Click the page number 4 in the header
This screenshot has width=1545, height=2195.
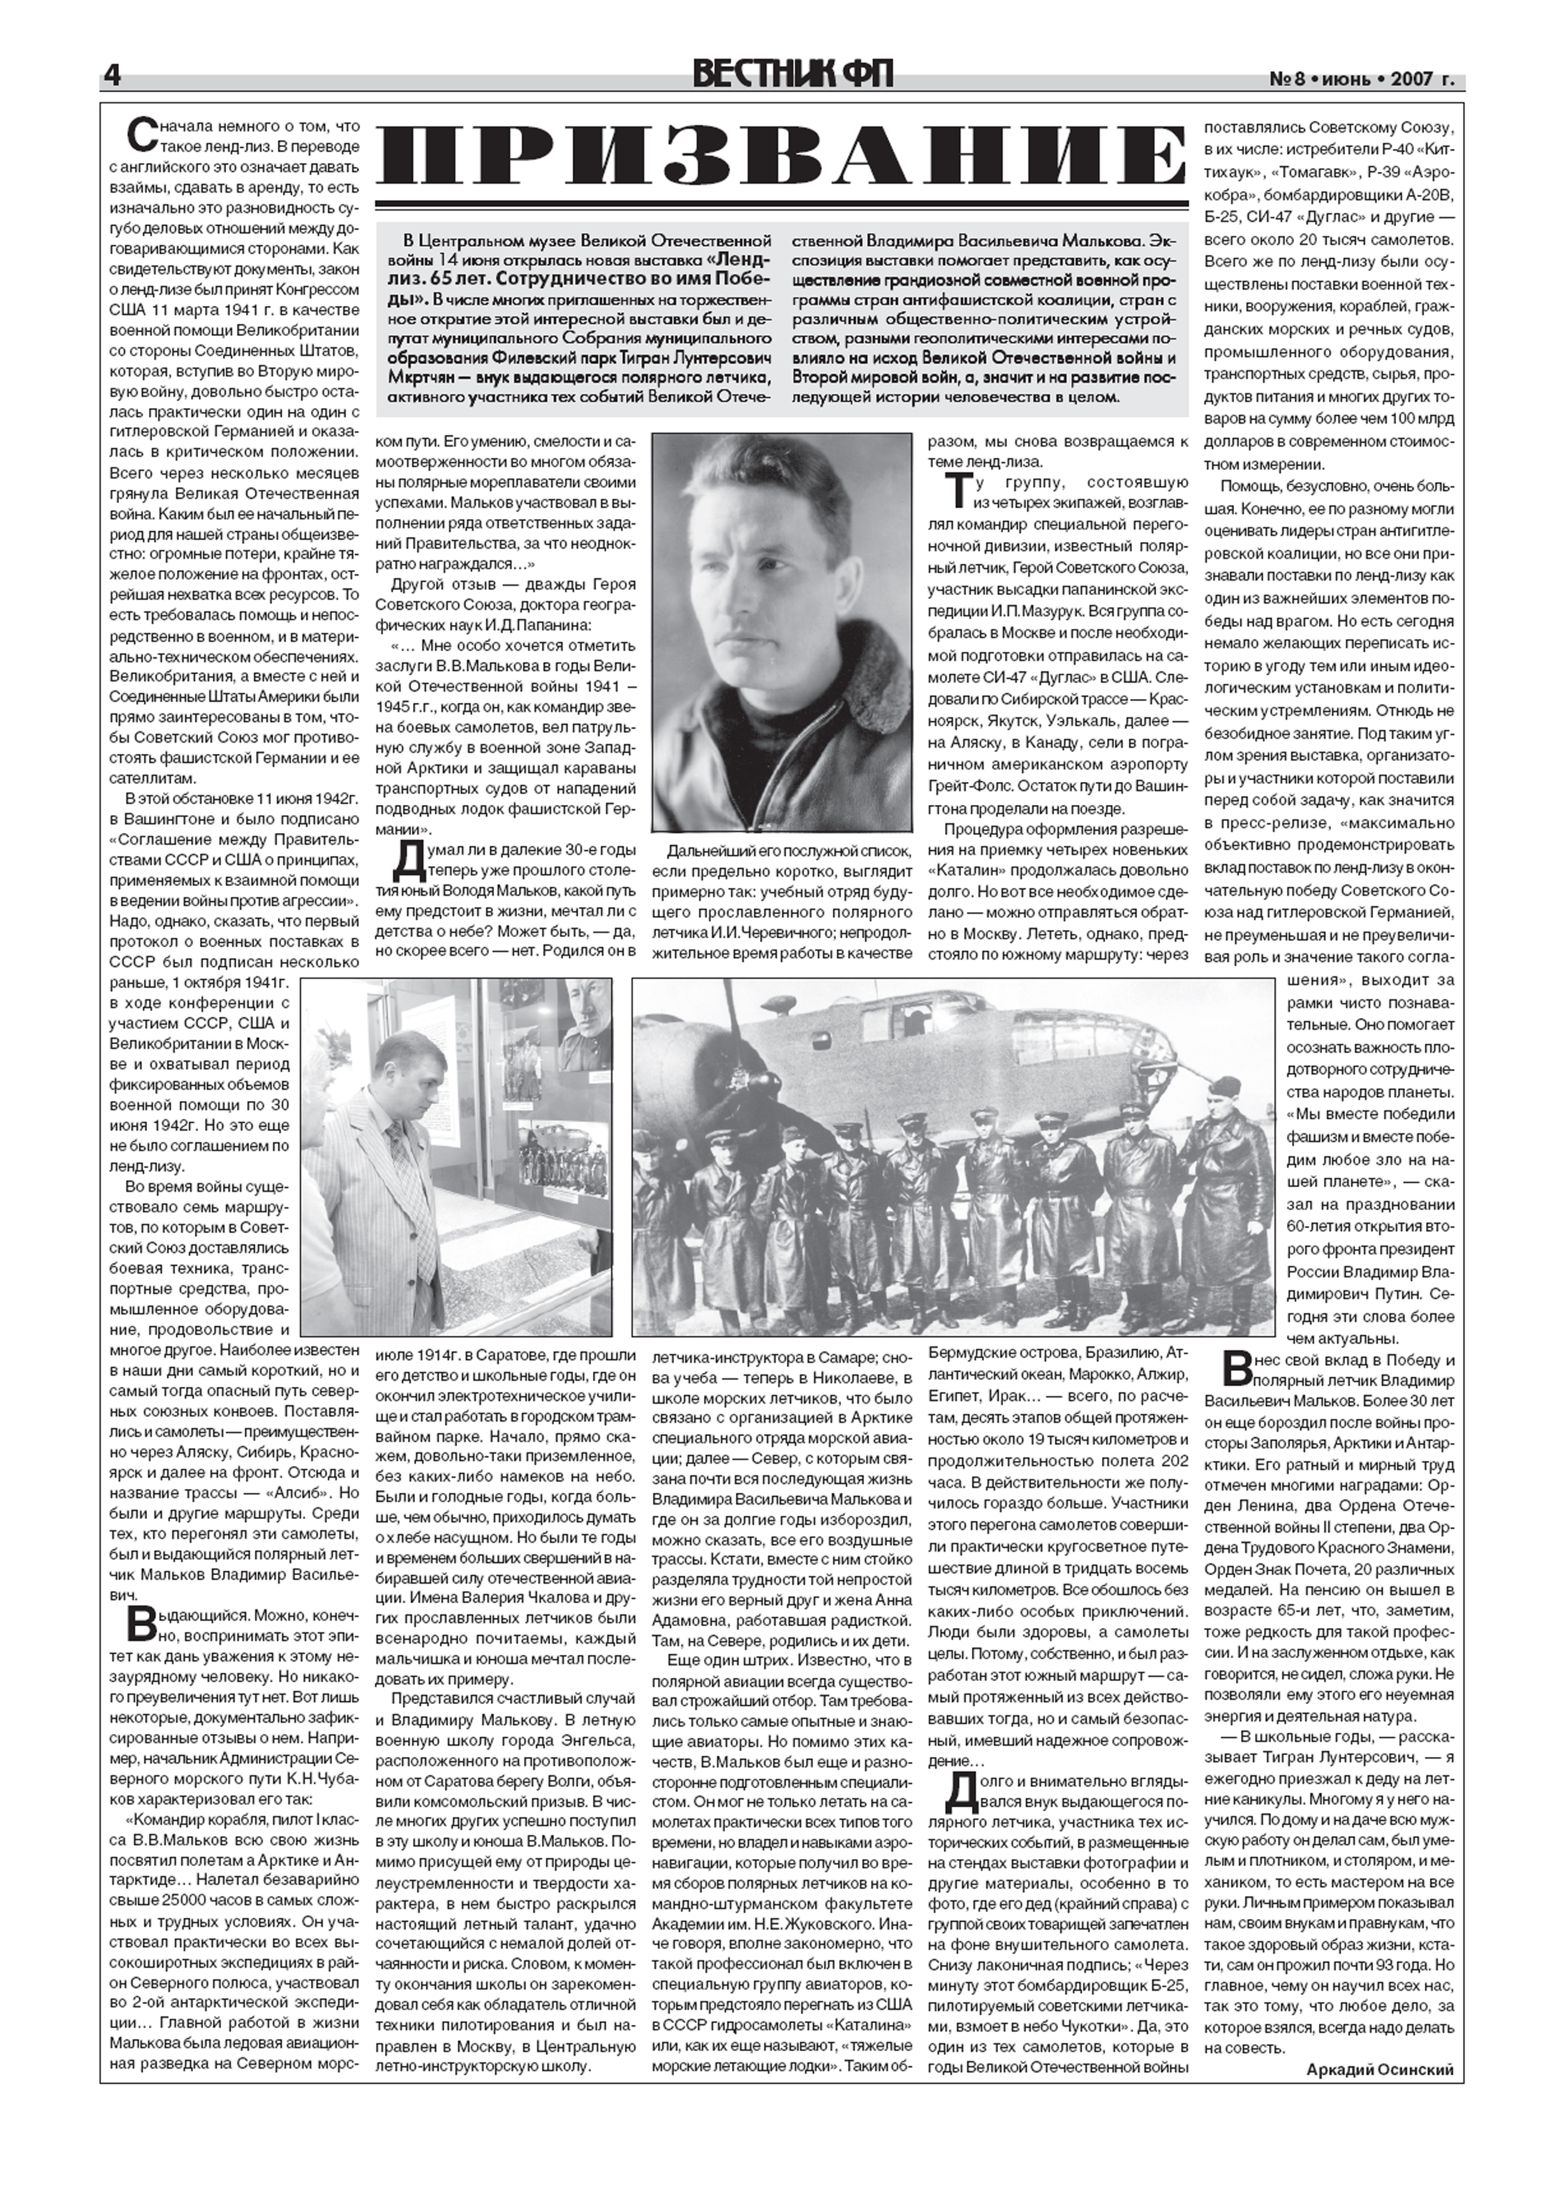113,77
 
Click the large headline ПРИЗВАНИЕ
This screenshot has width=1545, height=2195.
780,158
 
